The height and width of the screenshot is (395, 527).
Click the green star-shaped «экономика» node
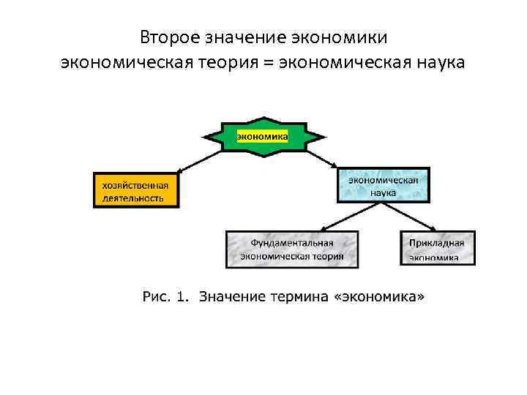(262, 135)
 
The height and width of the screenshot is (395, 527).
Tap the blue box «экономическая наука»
(383, 186)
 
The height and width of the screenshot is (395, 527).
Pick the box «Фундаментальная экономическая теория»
(292, 249)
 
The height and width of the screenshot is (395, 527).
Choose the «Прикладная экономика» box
(438, 248)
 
